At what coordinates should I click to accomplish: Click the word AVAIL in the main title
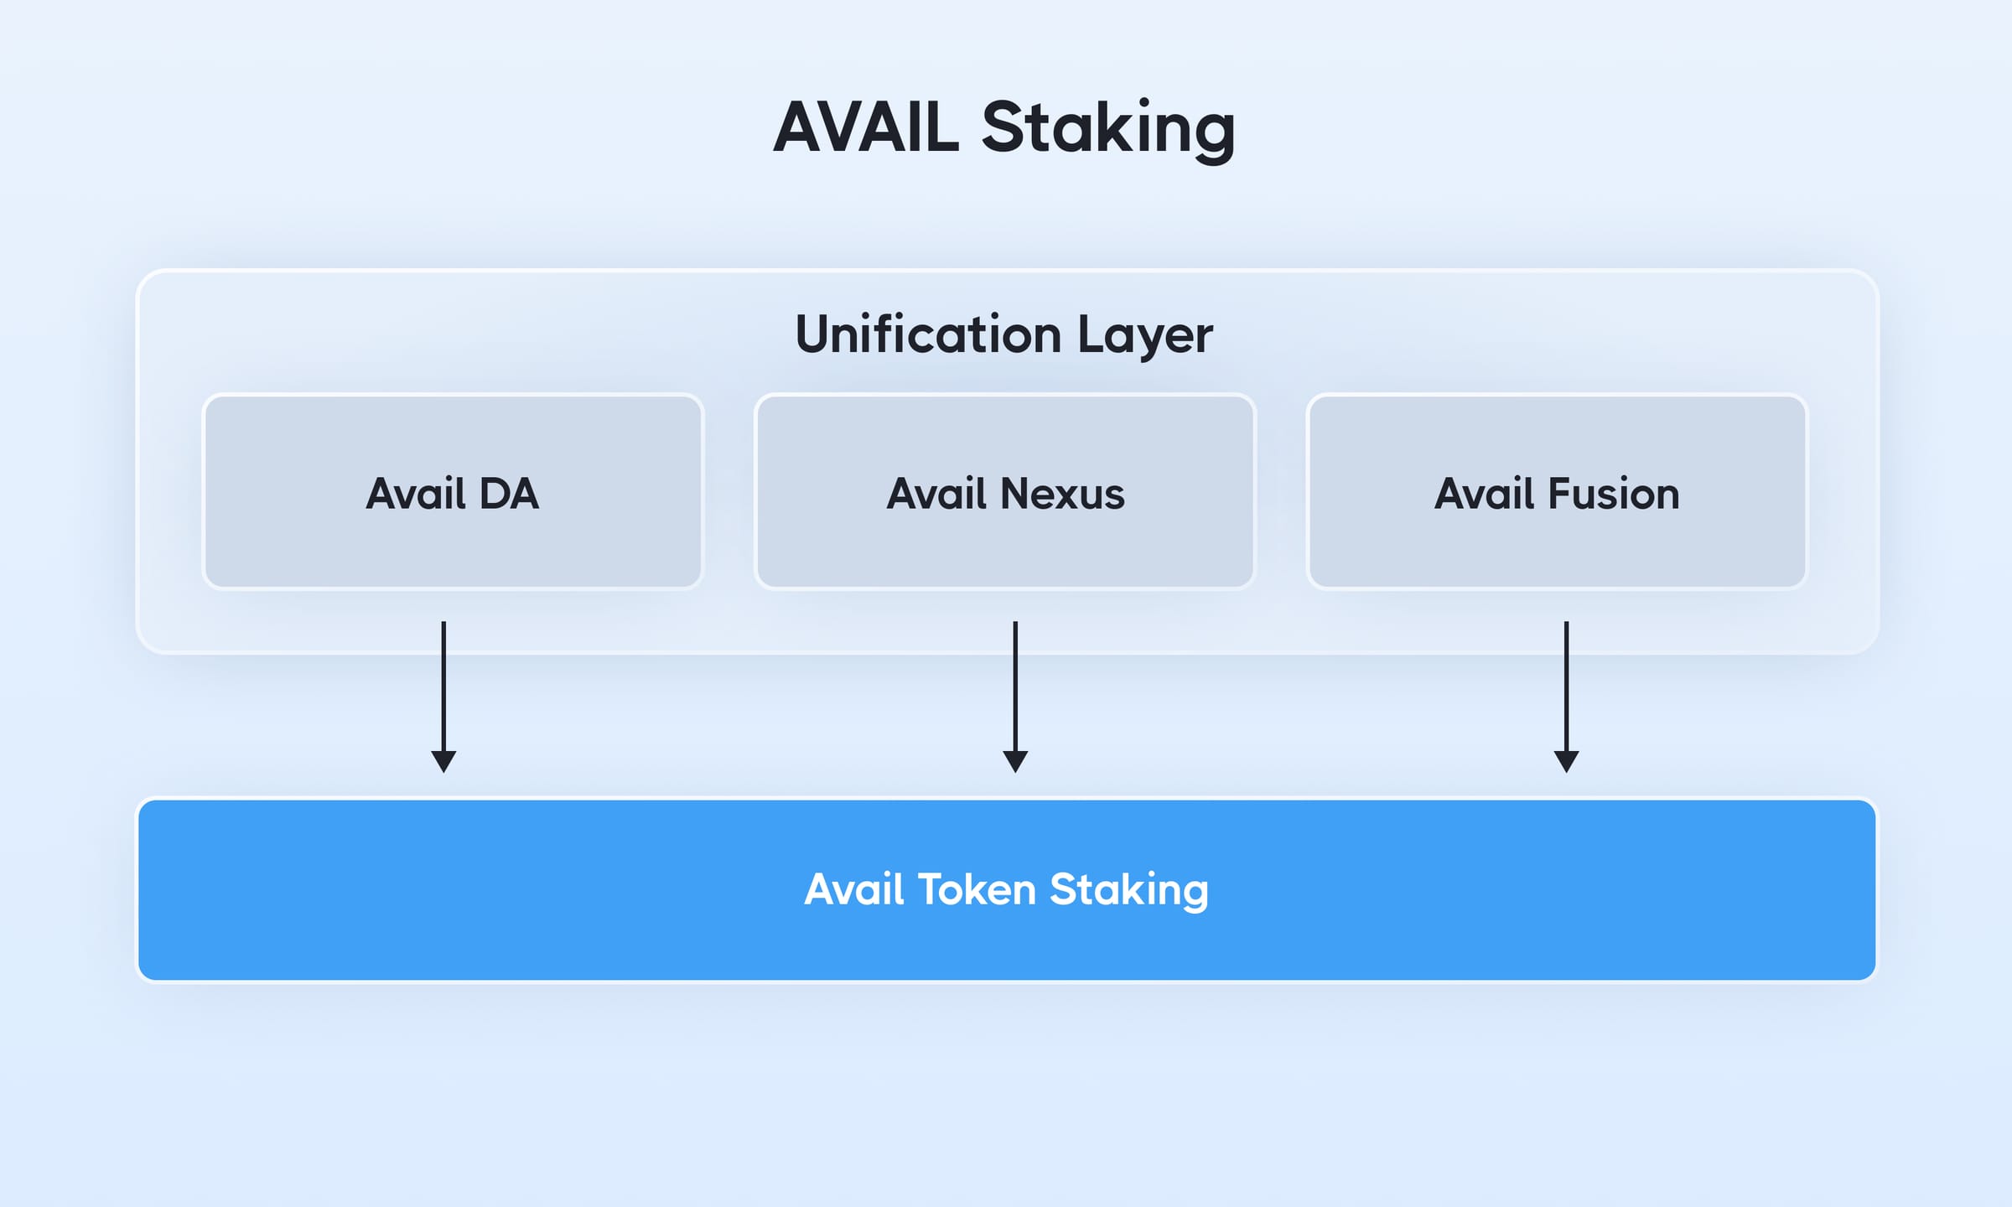coord(866,127)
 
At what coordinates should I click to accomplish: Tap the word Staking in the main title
coord(1107,129)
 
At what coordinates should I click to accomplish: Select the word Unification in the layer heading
coord(928,334)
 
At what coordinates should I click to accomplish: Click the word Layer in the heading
coord(1144,336)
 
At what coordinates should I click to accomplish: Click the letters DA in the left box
coord(509,494)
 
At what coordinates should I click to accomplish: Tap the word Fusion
coord(1614,494)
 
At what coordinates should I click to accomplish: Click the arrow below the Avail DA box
coord(443,687)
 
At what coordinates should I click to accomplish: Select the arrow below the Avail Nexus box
coord(1015,687)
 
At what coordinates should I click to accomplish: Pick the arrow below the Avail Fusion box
coord(1566,687)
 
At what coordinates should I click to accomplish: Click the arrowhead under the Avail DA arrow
coord(443,761)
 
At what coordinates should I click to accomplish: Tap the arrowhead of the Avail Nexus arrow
coord(1015,761)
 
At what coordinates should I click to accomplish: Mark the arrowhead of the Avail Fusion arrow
coord(1566,761)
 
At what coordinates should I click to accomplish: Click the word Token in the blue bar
coord(977,889)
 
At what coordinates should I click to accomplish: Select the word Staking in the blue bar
coord(1128,891)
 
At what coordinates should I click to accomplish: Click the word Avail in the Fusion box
coord(1485,494)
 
